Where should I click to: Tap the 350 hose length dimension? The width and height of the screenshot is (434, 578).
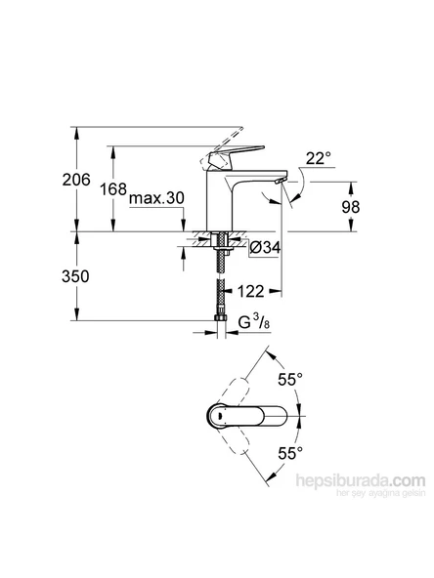pyautogui.click(x=76, y=276)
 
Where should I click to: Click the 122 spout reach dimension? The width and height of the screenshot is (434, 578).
pyautogui.click(x=252, y=290)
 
